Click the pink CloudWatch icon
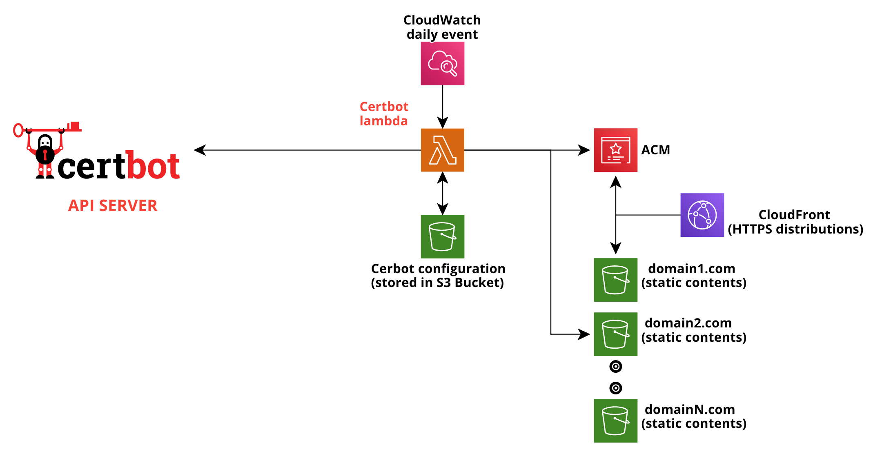[443, 64]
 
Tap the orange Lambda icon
[443, 150]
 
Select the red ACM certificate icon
[615, 150]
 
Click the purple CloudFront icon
[702, 215]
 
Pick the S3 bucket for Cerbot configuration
[443, 236]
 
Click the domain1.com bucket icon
[615, 280]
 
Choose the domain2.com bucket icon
[615, 334]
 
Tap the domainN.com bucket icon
[615, 421]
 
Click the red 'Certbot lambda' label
[383, 114]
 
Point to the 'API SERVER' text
[113, 206]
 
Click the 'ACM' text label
[655, 150]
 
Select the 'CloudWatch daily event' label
[442, 27]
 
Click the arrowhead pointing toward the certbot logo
[199, 150]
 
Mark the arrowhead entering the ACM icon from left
[585, 150]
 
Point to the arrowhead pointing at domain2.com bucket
[585, 334]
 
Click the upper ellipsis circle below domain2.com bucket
[615, 367]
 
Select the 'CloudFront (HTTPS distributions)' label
[795, 222]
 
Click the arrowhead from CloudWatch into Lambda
[443, 122]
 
